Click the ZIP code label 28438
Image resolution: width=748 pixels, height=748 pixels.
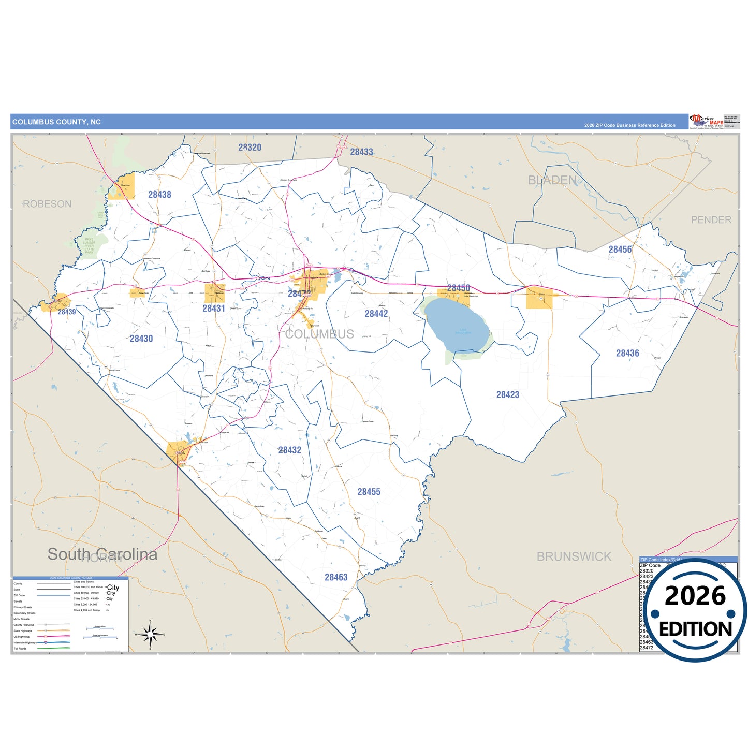coord(159,195)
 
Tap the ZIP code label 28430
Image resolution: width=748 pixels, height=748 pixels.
coord(141,339)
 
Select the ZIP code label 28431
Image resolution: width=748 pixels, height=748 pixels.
coord(214,309)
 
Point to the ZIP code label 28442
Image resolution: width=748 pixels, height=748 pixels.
coord(376,314)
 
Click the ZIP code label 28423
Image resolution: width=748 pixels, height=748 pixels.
coord(508,395)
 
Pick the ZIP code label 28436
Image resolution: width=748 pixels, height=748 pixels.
coord(627,354)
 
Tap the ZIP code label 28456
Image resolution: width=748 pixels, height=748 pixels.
coord(620,250)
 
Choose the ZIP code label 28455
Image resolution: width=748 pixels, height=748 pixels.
coord(369,492)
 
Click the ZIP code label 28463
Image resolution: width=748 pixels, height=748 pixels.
coord(336,577)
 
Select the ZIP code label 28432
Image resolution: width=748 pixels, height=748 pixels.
coord(290,450)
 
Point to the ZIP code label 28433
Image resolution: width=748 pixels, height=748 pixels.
coord(361,152)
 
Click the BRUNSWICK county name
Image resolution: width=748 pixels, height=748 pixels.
coord(574,557)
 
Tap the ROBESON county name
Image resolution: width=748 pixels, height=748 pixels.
coord(47,204)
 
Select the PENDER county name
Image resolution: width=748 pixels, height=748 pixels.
coord(711,220)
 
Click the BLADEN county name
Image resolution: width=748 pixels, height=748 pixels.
coord(552,180)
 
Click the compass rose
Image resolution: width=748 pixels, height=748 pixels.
coord(150,634)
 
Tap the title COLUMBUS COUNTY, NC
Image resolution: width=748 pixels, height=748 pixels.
coord(56,122)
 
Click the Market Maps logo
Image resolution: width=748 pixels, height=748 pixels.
coord(706,122)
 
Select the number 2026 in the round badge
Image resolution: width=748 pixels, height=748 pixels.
coord(695,596)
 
